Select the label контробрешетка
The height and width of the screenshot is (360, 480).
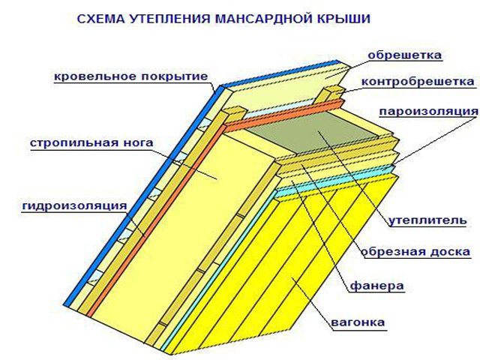418,81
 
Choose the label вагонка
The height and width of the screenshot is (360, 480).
358,323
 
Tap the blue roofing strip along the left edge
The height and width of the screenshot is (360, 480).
142,195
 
